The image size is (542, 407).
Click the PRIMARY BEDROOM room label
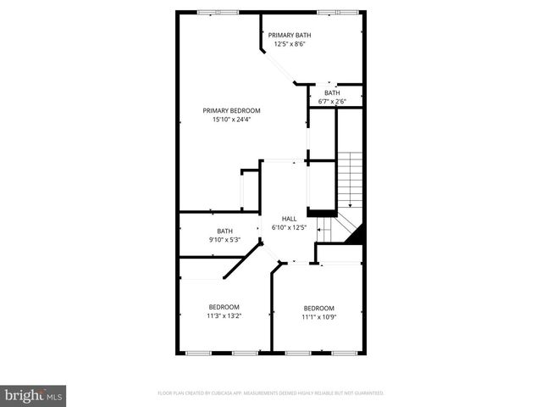[x=231, y=110]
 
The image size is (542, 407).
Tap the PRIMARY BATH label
[x=290, y=35]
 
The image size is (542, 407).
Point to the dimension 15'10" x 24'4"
[x=231, y=120]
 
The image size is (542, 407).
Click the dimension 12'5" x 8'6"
[x=290, y=44]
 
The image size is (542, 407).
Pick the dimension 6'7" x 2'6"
[x=332, y=102]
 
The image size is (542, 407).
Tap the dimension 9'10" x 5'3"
[x=224, y=240]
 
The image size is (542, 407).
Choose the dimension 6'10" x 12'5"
[x=289, y=227]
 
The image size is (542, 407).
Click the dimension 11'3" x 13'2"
[x=224, y=316]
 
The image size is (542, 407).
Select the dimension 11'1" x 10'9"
[x=319, y=317]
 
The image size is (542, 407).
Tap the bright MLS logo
[x=33, y=394]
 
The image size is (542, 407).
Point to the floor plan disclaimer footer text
[x=271, y=393]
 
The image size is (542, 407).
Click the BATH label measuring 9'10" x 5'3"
[x=224, y=231]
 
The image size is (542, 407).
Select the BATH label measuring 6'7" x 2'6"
[x=332, y=92]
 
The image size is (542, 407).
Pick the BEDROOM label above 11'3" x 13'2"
[x=224, y=307]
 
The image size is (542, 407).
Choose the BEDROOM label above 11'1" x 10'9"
[x=319, y=308]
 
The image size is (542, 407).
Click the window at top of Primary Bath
[x=331, y=12]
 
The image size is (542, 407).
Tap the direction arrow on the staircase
[x=350, y=203]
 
